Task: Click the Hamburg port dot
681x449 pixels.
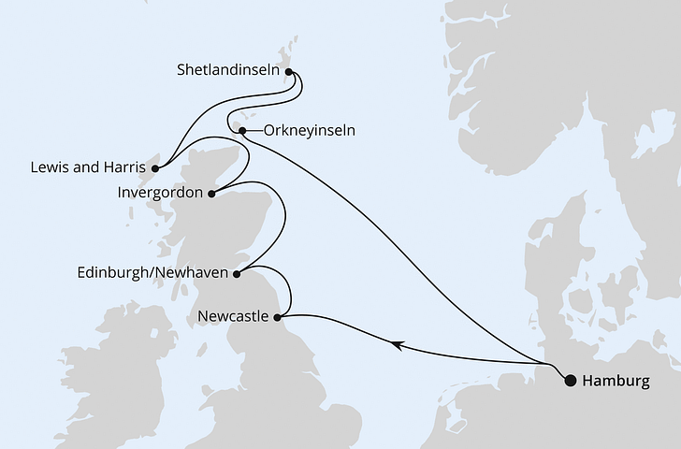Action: [x=569, y=380]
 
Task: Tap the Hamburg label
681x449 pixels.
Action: [x=614, y=381]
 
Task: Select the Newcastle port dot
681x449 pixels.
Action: [x=278, y=318]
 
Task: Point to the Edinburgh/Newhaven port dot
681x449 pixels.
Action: [x=237, y=273]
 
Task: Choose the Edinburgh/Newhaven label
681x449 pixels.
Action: [x=154, y=273]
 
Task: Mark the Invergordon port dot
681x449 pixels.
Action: [x=211, y=195]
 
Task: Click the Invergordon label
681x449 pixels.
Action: [x=160, y=194]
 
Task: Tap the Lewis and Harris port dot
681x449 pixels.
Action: [x=156, y=169]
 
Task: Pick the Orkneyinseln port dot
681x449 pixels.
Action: [x=241, y=131]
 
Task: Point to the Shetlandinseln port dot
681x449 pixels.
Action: [x=288, y=70]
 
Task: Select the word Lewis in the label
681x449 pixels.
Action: [x=47, y=169]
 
